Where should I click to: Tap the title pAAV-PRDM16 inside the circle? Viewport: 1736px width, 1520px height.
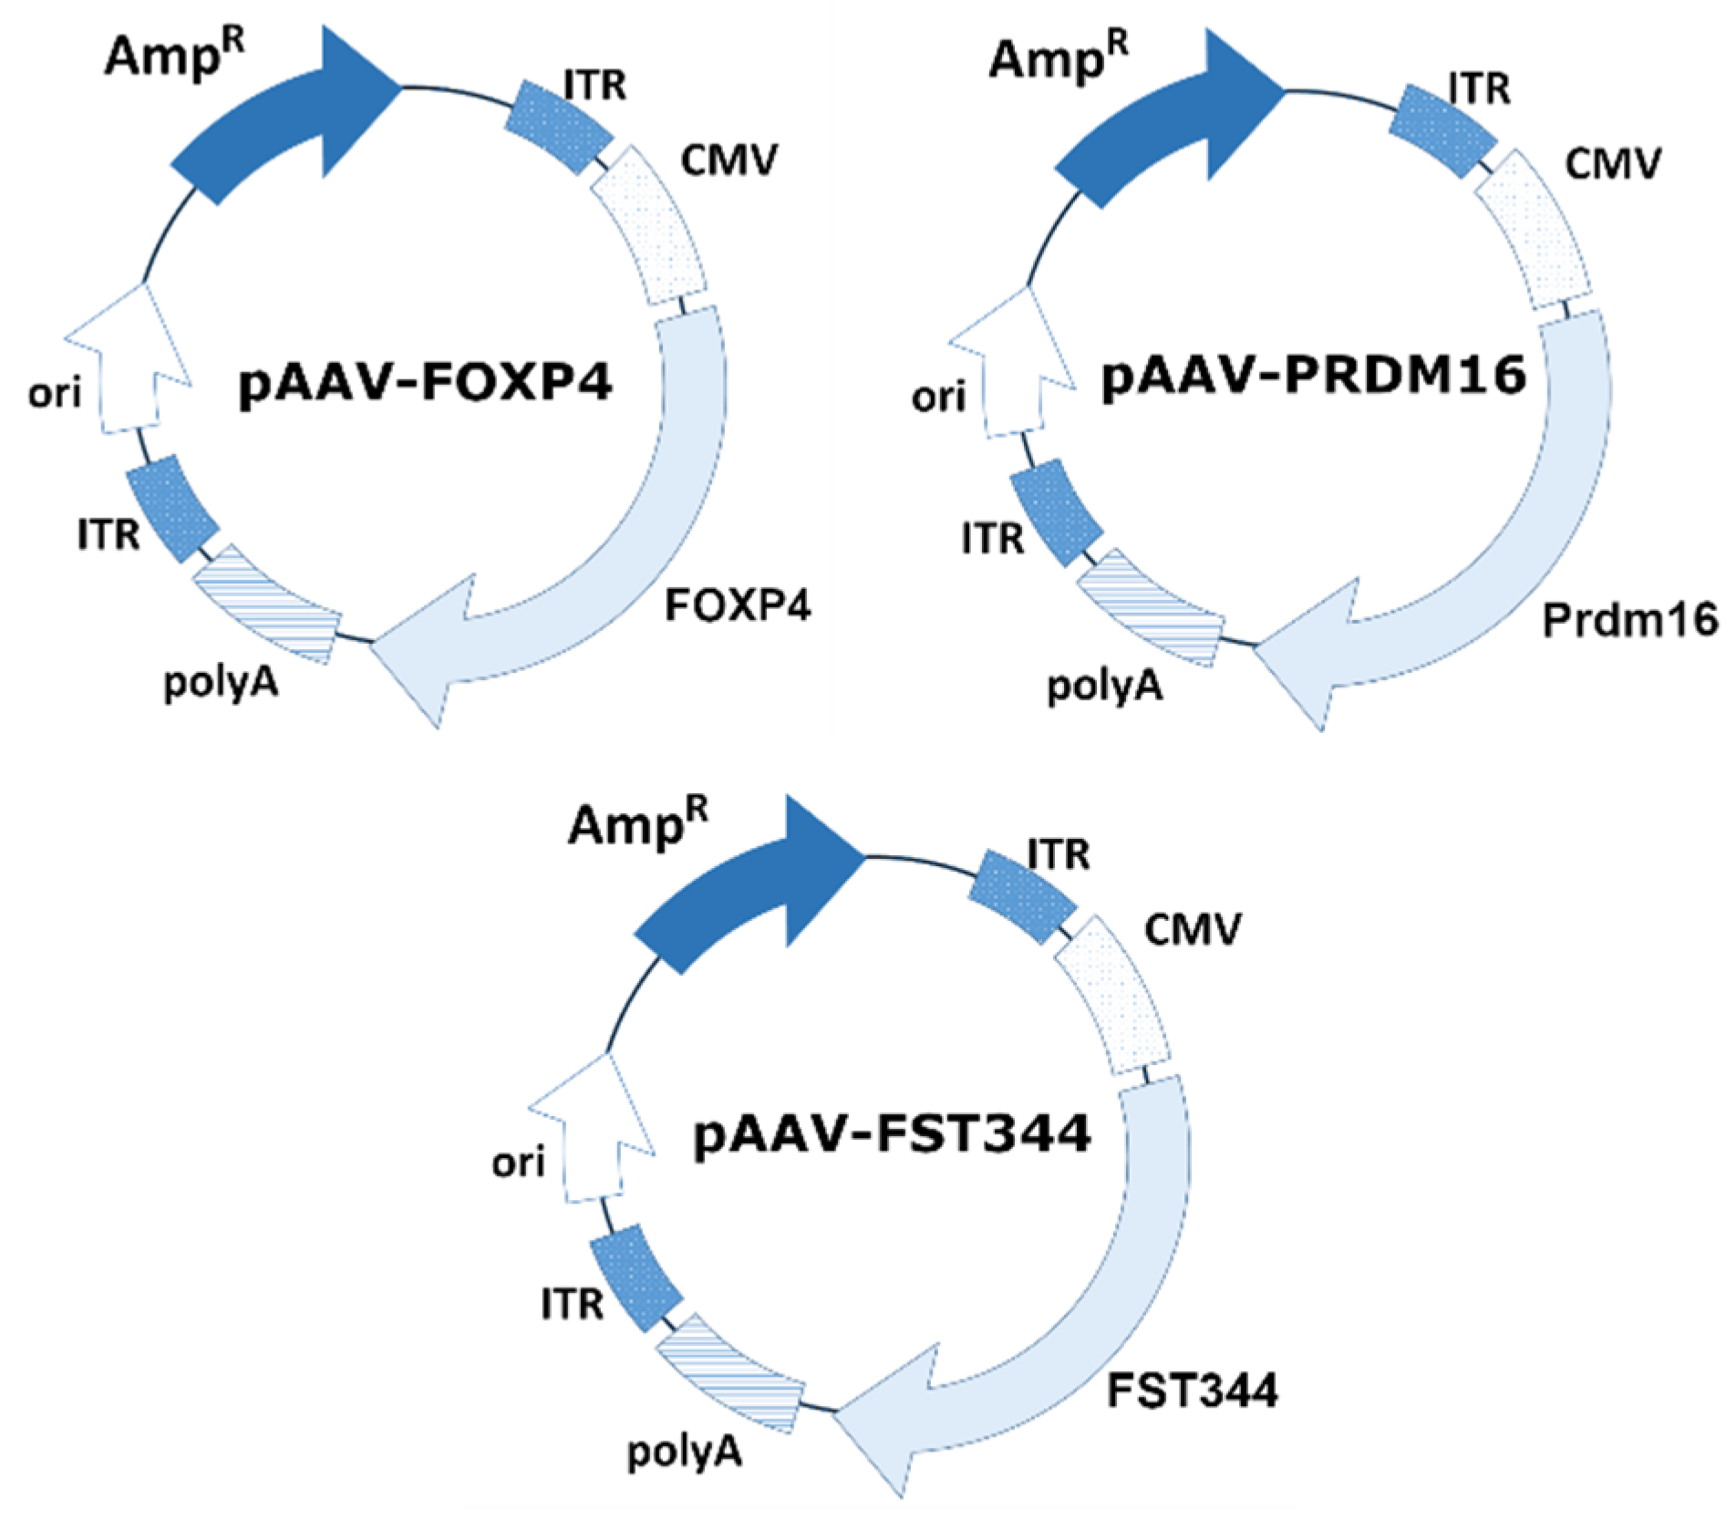point(1313,376)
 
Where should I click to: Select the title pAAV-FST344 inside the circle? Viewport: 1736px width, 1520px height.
point(892,1134)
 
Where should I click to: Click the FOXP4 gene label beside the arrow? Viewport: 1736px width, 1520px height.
point(737,605)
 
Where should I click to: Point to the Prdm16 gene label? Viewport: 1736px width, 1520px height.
point(1629,621)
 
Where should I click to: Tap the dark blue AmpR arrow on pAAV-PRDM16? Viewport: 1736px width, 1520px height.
point(1158,128)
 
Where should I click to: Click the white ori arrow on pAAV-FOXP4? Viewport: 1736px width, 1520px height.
point(128,365)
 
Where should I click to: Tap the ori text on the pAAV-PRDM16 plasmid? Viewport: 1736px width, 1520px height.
point(938,398)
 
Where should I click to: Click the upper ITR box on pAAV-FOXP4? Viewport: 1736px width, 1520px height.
point(558,127)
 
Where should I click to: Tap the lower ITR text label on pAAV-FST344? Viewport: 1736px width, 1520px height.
point(572,1304)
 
